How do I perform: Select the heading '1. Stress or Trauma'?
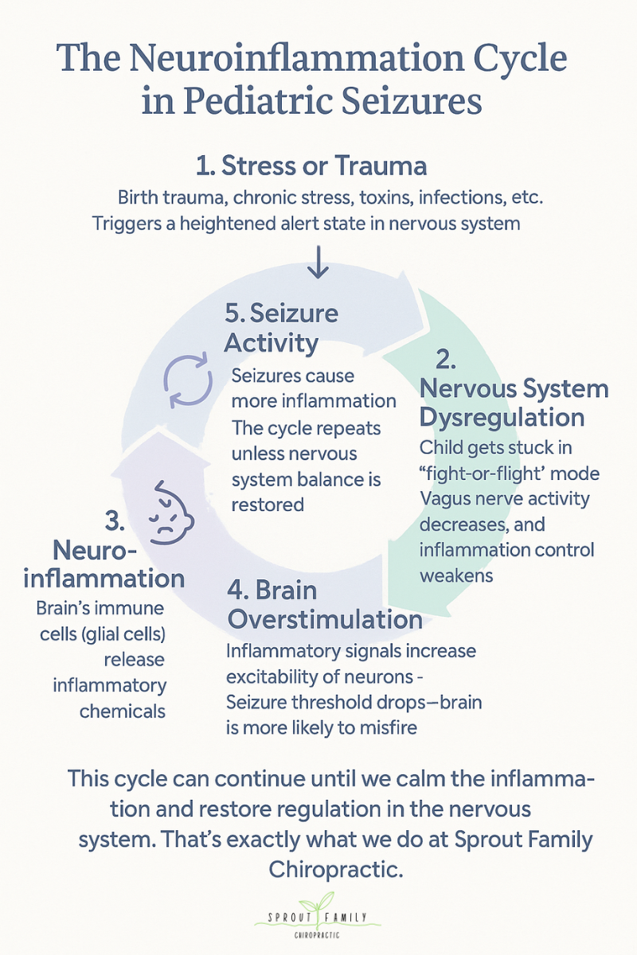coord(311,166)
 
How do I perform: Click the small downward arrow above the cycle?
coord(318,262)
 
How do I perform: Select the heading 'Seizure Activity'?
coord(281,327)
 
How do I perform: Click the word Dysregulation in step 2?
coord(502,417)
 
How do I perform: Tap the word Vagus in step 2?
coord(444,499)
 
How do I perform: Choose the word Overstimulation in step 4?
coord(324,618)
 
